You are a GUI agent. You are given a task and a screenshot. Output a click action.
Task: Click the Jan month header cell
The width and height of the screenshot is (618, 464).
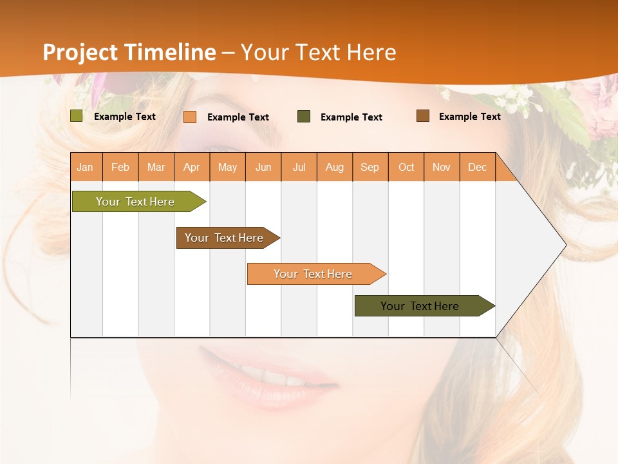(x=86, y=167)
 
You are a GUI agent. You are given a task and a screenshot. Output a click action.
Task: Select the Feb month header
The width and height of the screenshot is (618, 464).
(x=120, y=167)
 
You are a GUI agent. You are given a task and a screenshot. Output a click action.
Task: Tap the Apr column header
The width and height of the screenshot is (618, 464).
(x=192, y=167)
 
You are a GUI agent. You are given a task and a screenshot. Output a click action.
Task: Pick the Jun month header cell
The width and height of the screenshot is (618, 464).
(x=263, y=167)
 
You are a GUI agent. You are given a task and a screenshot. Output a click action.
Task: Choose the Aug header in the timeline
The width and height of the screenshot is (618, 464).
(x=335, y=167)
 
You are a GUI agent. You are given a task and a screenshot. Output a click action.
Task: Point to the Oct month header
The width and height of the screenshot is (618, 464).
(x=406, y=167)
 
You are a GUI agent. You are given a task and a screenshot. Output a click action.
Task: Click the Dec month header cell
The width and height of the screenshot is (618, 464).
(x=478, y=167)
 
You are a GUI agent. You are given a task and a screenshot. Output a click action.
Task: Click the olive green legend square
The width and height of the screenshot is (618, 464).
(x=77, y=116)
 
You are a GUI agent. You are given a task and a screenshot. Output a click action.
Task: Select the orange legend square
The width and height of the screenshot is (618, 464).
(x=190, y=117)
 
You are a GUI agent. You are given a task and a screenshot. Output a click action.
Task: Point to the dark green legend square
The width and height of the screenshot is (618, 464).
(x=304, y=117)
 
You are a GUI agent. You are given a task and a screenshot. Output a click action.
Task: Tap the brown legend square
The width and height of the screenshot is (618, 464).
(x=423, y=116)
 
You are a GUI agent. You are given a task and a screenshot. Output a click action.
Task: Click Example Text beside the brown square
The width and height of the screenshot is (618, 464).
(x=469, y=117)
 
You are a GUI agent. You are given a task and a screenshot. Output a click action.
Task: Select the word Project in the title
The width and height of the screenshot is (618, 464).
(x=81, y=52)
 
